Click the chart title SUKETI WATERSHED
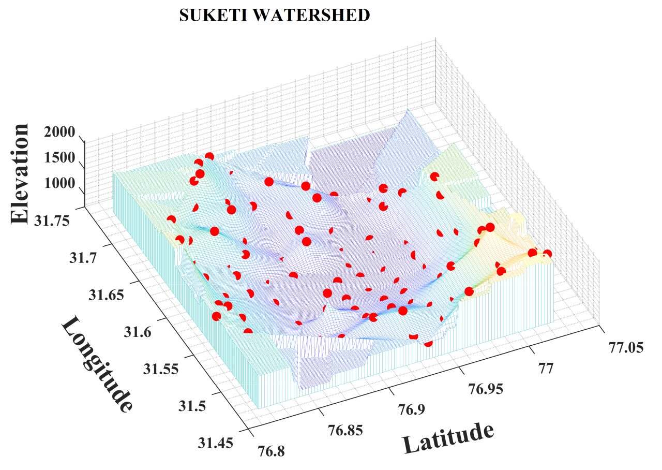click(x=274, y=16)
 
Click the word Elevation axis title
click(x=21, y=173)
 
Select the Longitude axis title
click(x=97, y=365)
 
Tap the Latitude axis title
click(x=448, y=437)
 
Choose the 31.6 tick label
click(x=138, y=332)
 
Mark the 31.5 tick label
click(x=192, y=406)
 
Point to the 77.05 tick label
click(x=626, y=348)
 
